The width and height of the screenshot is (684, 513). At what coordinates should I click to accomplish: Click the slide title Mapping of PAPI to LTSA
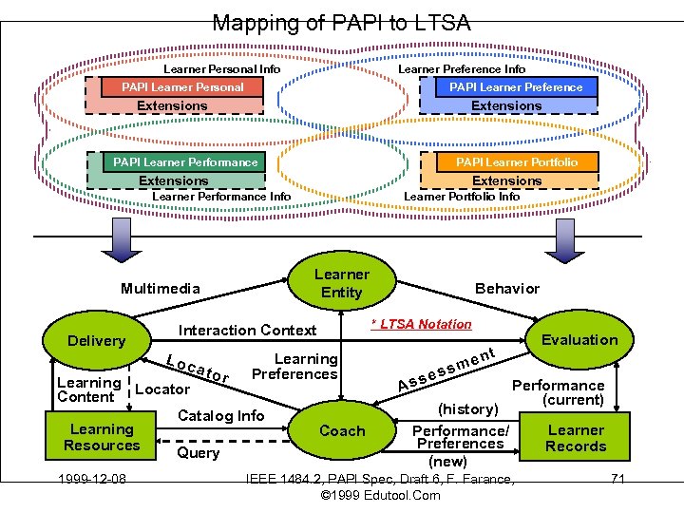[341, 23]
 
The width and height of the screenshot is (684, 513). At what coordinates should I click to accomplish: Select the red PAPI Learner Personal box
[181, 87]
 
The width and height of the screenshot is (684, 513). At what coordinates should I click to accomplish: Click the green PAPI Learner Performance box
[185, 162]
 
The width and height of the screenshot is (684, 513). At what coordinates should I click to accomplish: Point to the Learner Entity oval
[341, 283]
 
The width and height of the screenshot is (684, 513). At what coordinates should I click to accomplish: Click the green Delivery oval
[96, 341]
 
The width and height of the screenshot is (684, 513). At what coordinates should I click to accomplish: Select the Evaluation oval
[579, 340]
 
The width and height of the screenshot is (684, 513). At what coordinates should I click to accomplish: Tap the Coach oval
[341, 430]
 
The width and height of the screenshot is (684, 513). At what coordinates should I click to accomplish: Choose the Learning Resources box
[102, 438]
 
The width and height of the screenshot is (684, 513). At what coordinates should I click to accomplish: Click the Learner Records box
[576, 438]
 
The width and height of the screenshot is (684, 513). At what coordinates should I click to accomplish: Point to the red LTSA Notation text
[421, 325]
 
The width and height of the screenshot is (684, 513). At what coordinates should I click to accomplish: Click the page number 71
[617, 478]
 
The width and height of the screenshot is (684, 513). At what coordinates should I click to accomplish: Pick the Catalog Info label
[221, 415]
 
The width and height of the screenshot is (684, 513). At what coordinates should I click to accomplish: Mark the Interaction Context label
[247, 331]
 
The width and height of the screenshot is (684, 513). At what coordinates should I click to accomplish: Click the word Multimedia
[161, 289]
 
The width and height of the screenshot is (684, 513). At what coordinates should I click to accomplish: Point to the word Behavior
[506, 289]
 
